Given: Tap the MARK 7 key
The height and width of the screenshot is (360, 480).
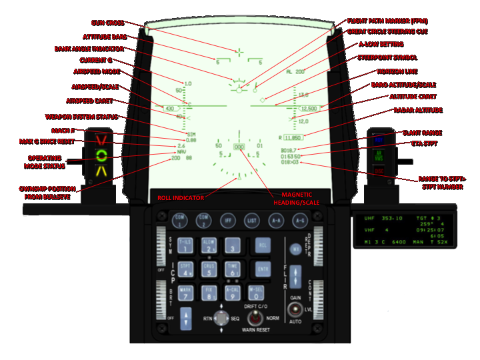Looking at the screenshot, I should (186, 293).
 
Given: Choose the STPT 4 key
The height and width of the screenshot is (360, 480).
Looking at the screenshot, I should (186, 269).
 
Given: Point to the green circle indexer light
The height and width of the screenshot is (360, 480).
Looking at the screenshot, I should (101, 156).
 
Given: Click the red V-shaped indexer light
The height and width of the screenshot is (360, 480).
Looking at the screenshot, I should (101, 141).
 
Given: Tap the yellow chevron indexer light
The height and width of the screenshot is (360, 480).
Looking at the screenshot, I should (101, 171).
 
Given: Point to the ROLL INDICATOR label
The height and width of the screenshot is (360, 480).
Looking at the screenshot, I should (175, 197).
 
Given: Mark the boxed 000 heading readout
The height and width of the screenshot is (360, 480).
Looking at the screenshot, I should (239, 146).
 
